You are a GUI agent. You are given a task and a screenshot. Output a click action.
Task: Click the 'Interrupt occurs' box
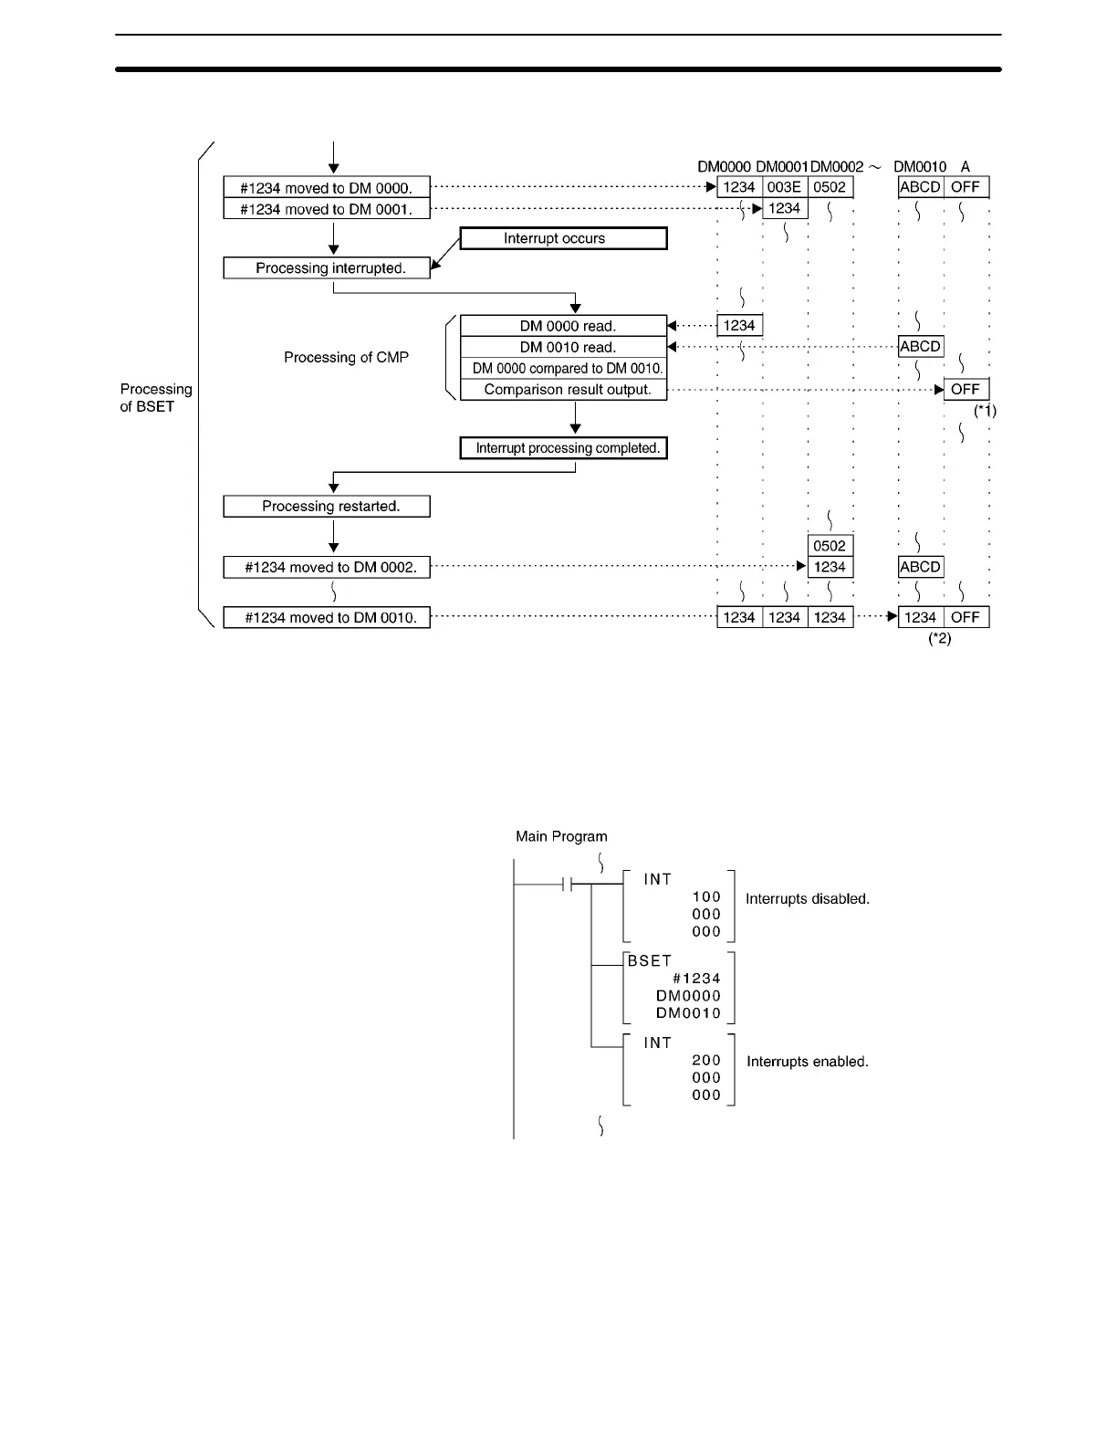pyautogui.click(x=563, y=238)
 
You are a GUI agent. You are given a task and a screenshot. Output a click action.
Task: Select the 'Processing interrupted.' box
pyautogui.click(x=327, y=268)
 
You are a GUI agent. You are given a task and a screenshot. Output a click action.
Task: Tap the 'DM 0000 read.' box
pyautogui.click(x=563, y=326)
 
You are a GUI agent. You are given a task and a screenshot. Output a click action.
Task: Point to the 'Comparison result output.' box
pyautogui.click(x=563, y=390)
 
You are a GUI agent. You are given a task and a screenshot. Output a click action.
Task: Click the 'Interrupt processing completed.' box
pyautogui.click(x=563, y=448)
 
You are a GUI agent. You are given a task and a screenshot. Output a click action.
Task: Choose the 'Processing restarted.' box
pyautogui.click(x=327, y=507)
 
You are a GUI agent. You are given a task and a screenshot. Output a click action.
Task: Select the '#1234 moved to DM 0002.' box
pyautogui.click(x=327, y=568)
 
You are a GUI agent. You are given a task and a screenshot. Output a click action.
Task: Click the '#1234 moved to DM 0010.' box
pyautogui.click(x=327, y=618)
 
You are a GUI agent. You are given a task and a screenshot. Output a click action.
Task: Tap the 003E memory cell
pyautogui.click(x=784, y=187)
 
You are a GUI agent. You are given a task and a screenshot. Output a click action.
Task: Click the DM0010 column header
pyautogui.click(x=920, y=167)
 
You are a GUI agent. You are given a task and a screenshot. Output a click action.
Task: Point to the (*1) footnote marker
pyautogui.click(x=985, y=411)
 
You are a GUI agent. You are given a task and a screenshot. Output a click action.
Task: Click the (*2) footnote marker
pyautogui.click(x=939, y=639)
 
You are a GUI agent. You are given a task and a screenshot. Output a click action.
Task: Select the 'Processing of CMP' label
pyautogui.click(x=346, y=358)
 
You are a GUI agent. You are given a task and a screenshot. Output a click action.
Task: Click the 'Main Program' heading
pyautogui.click(x=561, y=836)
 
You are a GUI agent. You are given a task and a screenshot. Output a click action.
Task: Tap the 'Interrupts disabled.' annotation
pyautogui.click(x=807, y=899)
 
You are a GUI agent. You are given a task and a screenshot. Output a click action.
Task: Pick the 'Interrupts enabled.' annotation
pyautogui.click(x=807, y=1062)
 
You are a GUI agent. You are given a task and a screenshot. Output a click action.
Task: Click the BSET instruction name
pyautogui.click(x=649, y=961)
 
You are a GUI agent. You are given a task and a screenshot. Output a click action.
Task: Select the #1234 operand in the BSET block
pyautogui.click(x=696, y=979)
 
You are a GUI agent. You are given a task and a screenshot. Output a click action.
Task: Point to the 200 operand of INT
pyautogui.click(x=706, y=1061)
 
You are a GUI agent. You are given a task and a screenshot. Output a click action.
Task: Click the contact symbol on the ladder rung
pyautogui.click(x=567, y=885)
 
